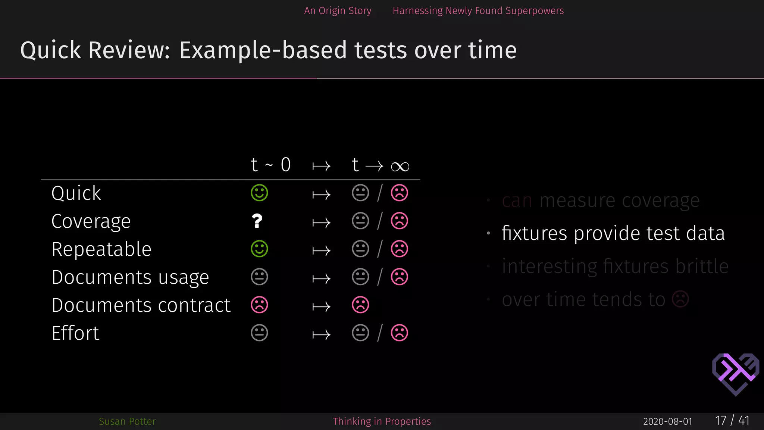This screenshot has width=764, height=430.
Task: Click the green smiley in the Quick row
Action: tap(259, 193)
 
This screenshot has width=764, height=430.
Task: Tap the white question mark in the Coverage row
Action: tap(257, 221)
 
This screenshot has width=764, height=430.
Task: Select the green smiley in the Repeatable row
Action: tap(259, 249)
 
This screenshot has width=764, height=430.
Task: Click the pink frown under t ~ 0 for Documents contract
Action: tap(259, 305)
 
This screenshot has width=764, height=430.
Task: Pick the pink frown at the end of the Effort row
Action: tap(399, 333)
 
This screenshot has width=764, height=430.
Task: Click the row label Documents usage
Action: tap(130, 277)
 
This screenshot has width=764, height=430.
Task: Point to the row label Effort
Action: tap(75, 333)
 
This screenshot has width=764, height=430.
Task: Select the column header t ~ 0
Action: tap(270, 165)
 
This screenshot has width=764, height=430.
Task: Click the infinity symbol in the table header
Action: tap(400, 166)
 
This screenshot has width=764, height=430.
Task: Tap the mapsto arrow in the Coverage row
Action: tap(321, 223)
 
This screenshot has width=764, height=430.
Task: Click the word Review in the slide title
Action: tap(129, 50)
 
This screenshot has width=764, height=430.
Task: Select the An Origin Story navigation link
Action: tap(338, 11)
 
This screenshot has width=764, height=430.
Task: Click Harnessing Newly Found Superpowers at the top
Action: tap(478, 11)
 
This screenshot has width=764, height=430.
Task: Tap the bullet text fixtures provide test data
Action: tap(613, 233)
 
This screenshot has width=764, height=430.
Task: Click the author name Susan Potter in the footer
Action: tap(127, 421)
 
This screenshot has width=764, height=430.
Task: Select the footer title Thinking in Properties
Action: tap(382, 421)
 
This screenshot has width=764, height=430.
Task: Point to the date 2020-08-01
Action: tap(667, 421)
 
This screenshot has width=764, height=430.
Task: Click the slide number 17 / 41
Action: tap(732, 421)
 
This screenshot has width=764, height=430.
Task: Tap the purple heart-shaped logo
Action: tap(735, 374)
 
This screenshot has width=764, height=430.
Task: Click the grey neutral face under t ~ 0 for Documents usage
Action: tap(259, 277)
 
